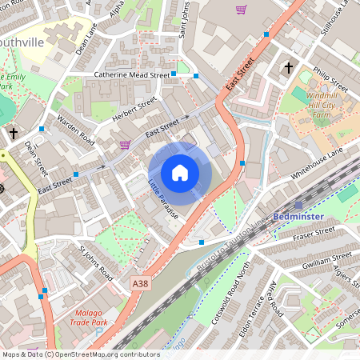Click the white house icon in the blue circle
(180, 173)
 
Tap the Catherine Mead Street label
(132, 74)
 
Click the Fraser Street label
(313, 233)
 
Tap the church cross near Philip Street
(288, 68)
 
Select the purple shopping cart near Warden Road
(125, 145)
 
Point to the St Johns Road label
(95, 263)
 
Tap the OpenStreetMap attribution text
(80, 354)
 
